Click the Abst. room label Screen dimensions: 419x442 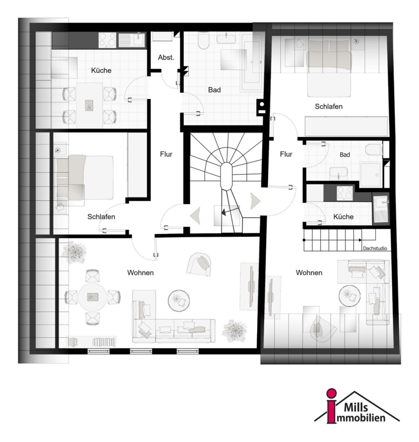click(x=166, y=57)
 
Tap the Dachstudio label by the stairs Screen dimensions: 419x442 click(x=375, y=249)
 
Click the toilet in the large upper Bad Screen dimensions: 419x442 click(x=203, y=41)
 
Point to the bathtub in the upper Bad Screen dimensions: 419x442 click(x=252, y=63)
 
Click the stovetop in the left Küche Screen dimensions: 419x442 click(x=107, y=40)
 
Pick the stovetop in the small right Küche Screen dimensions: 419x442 click(x=345, y=193)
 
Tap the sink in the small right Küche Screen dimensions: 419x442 click(x=381, y=209)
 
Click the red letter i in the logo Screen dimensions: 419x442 click(x=332, y=406)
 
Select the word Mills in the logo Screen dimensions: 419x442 click(x=356, y=407)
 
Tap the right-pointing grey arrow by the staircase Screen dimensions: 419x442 click(x=255, y=201)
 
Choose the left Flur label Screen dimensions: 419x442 click(x=166, y=154)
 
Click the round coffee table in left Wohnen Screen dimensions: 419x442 click(x=178, y=301)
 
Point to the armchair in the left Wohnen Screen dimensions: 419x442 click(x=199, y=264)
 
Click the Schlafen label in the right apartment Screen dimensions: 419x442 click(x=328, y=107)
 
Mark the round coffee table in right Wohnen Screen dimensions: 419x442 click(x=349, y=296)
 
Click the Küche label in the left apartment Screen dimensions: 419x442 click(x=101, y=70)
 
